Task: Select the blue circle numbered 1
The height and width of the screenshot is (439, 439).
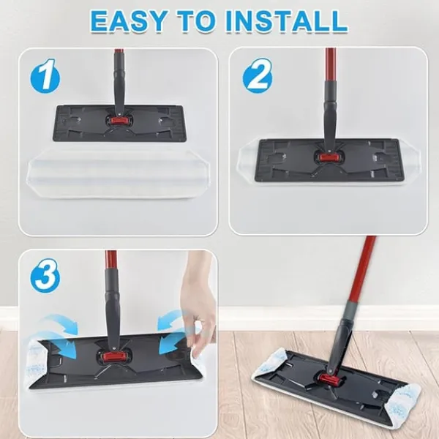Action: pos(45,75)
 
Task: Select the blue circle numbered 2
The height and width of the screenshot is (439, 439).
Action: pos(258,75)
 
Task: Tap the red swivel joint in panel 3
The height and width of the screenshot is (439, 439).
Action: pos(114,357)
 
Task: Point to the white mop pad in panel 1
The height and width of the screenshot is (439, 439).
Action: pos(118,174)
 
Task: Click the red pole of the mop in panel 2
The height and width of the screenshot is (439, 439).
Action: pos(331,64)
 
